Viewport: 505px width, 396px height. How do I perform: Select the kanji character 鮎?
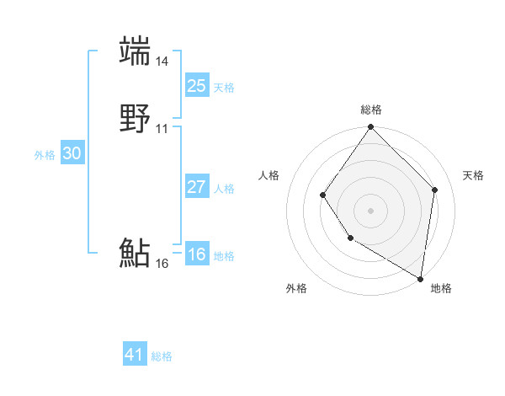135,253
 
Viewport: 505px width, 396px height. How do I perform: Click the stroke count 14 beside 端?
162,62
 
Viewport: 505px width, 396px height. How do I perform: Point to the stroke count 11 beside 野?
162,129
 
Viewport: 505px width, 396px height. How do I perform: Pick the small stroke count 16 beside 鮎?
162,264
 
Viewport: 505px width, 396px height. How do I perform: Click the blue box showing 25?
196,85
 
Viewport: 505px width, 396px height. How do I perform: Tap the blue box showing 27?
196,187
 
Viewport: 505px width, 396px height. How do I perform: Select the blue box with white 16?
196,254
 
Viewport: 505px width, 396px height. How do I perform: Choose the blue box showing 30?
72,153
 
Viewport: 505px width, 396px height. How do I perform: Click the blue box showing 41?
135,355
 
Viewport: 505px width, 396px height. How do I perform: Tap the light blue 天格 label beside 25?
224,88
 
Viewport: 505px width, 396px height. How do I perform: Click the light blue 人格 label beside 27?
224,189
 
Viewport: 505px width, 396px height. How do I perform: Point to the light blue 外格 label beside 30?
45,155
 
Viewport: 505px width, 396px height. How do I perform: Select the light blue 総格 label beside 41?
162,357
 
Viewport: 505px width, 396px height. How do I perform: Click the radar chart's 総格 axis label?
371,110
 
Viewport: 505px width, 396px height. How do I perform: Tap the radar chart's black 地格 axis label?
441,288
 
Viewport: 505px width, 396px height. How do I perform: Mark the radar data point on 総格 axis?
370,127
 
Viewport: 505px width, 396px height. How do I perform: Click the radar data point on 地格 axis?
420,278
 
